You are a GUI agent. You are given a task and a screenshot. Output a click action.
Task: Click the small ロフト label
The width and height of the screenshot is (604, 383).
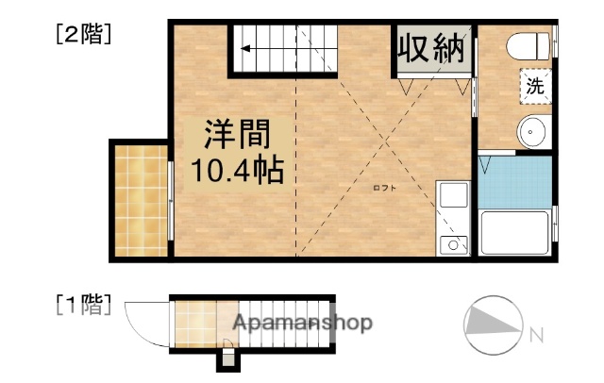pyautogui.click(x=385, y=189)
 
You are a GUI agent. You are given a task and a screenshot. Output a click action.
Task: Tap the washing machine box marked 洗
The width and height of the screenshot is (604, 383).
pyautogui.click(x=535, y=88)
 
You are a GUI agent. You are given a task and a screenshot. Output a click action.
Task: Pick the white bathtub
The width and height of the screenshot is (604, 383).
pyautogui.click(x=515, y=233)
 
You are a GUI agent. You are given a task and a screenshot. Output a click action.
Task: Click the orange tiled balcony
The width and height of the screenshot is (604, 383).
pyautogui.click(x=140, y=199)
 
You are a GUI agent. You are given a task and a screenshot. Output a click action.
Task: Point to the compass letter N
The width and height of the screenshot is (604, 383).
pyautogui.click(x=536, y=333)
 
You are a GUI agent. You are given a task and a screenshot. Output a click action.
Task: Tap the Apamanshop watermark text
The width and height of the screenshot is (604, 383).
pyautogui.click(x=303, y=324)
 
